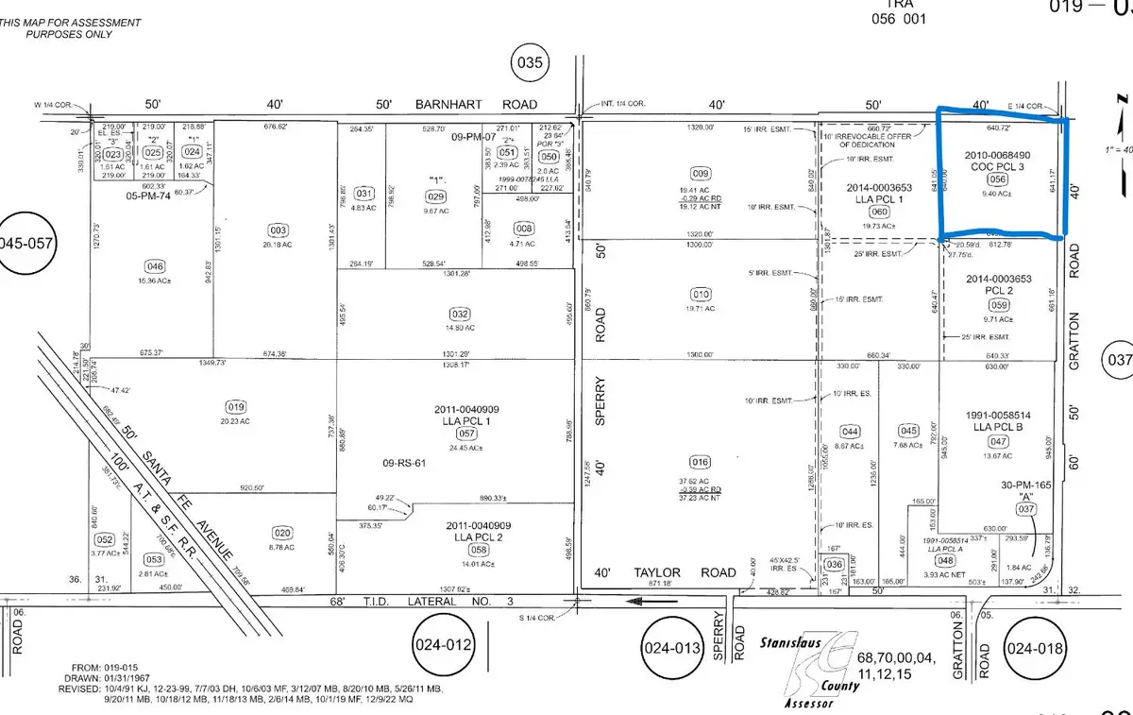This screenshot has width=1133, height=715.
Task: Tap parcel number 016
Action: pos(701,463)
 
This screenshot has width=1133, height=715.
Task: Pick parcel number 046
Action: pos(155,265)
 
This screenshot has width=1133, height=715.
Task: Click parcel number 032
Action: pos(459,314)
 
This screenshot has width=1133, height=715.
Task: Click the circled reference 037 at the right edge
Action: pos(1117,359)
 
